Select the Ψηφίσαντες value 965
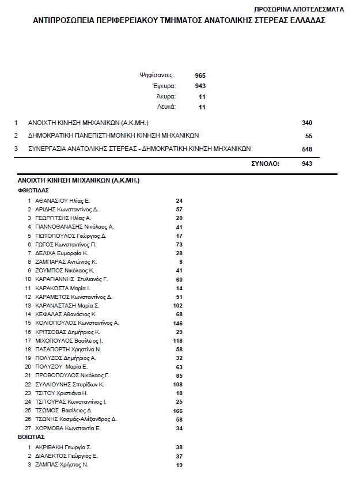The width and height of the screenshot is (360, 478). point(200,75)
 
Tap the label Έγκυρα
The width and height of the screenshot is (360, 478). point(166,86)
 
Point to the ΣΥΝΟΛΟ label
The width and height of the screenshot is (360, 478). point(265,164)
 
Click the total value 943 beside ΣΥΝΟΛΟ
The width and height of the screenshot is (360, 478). point(306,164)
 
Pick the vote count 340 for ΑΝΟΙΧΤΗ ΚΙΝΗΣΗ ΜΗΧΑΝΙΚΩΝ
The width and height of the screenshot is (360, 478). point(306,123)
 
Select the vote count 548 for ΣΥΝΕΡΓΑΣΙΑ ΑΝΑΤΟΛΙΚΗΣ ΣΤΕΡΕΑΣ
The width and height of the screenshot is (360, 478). point(306,149)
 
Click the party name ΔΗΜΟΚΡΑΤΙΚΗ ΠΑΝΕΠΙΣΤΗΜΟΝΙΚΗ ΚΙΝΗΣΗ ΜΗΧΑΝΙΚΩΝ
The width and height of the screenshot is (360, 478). point(113,136)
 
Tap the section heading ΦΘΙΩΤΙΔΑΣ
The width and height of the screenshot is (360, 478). point(33,189)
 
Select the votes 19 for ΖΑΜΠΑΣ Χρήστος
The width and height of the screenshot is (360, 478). point(179,465)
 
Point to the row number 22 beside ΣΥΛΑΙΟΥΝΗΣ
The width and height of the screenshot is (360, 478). point(27,384)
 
